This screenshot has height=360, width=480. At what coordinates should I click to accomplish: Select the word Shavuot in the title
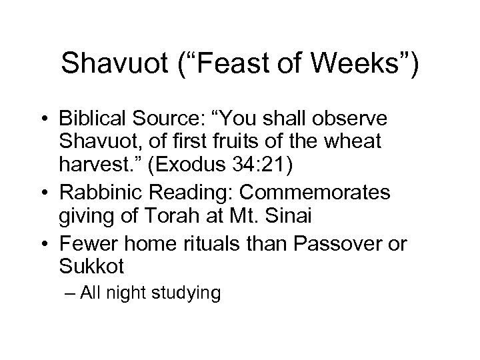(111, 65)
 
